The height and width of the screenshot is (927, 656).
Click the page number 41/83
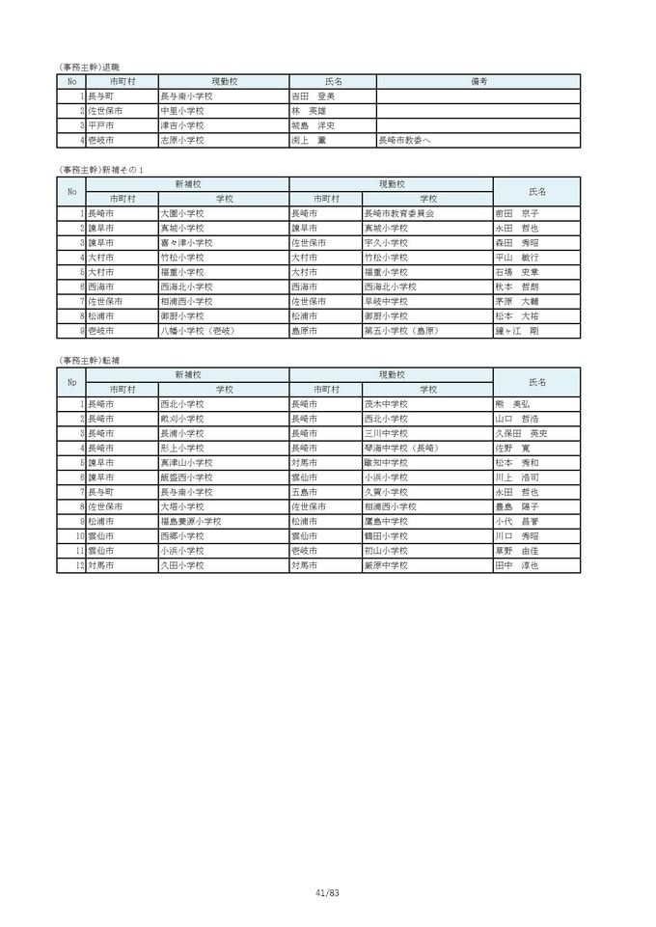pyautogui.click(x=328, y=893)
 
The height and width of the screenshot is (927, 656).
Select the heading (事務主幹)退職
pyautogui.click(x=90, y=67)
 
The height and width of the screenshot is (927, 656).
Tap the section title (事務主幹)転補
pyautogui.click(x=90, y=360)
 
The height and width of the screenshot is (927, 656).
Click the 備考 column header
pyautogui.click(x=478, y=82)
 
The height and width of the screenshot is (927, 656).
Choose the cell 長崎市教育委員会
pyautogui.click(x=398, y=213)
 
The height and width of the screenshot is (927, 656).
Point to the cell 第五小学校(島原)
pyautogui.click(x=402, y=331)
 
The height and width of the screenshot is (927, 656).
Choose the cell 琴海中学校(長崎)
pyautogui.click(x=400, y=449)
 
